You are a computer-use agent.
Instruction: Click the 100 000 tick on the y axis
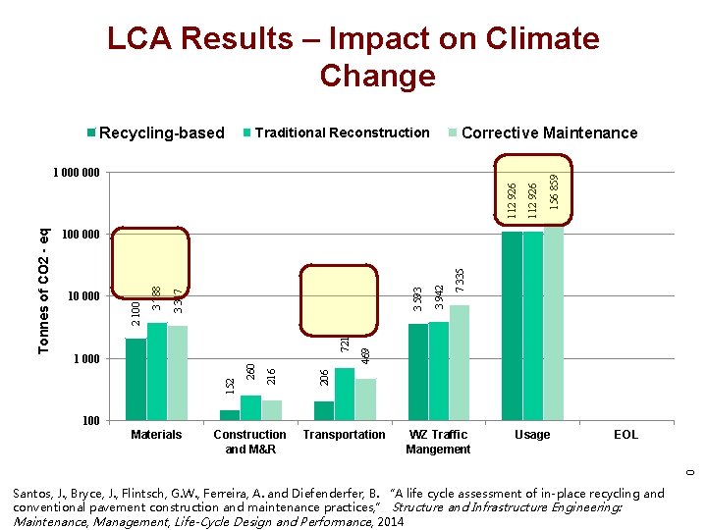pos(80,236)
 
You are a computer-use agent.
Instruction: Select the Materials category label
pos(156,435)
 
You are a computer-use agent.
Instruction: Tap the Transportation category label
pos(344,435)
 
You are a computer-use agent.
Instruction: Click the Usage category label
pos(532,435)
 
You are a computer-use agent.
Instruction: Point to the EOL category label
pos(625,435)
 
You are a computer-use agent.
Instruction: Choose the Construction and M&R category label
pos(249,442)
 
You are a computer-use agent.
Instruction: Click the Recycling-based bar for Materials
pos(136,379)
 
